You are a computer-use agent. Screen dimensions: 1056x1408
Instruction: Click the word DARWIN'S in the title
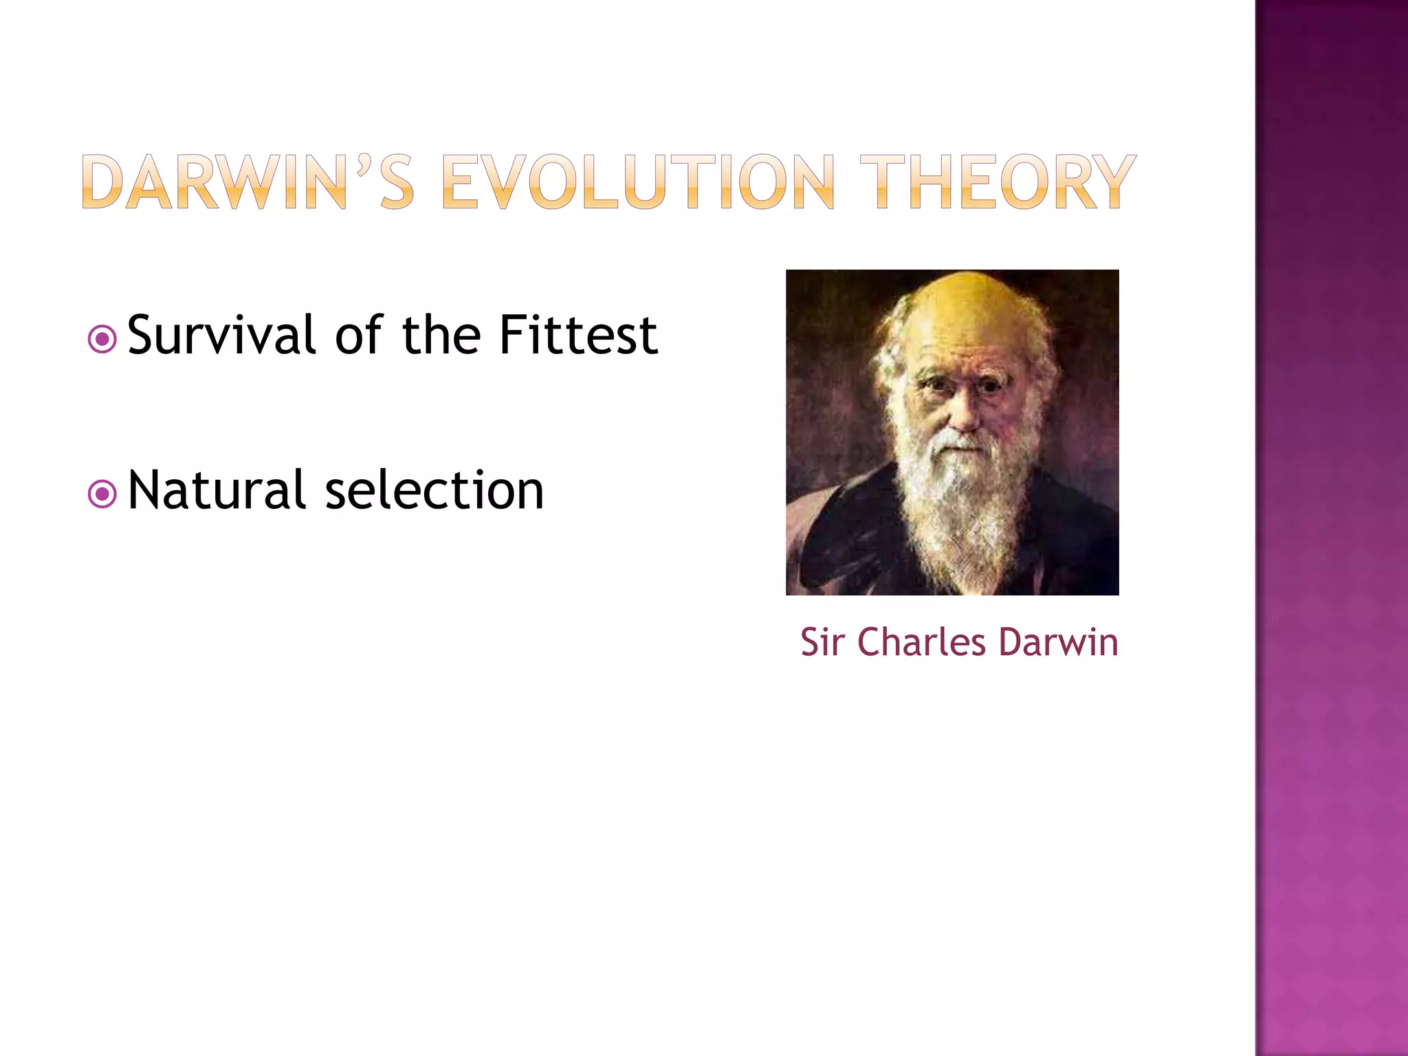click(247, 182)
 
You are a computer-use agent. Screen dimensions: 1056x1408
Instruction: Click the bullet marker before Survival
click(102, 339)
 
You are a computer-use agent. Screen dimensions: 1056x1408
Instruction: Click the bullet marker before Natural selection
click(102, 494)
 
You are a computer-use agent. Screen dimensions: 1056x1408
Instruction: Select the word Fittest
click(578, 335)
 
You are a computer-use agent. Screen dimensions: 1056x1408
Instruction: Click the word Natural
click(216, 491)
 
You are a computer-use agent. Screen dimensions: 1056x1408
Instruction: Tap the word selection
click(434, 491)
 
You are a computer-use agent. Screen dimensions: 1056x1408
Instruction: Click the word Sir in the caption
click(822, 643)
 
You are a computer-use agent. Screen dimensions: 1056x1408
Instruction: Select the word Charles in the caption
click(921, 643)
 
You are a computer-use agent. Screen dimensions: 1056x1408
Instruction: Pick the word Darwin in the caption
click(1058, 643)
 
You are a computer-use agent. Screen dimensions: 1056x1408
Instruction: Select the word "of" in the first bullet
click(357, 335)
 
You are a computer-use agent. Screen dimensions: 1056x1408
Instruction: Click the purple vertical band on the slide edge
click(1331, 528)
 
